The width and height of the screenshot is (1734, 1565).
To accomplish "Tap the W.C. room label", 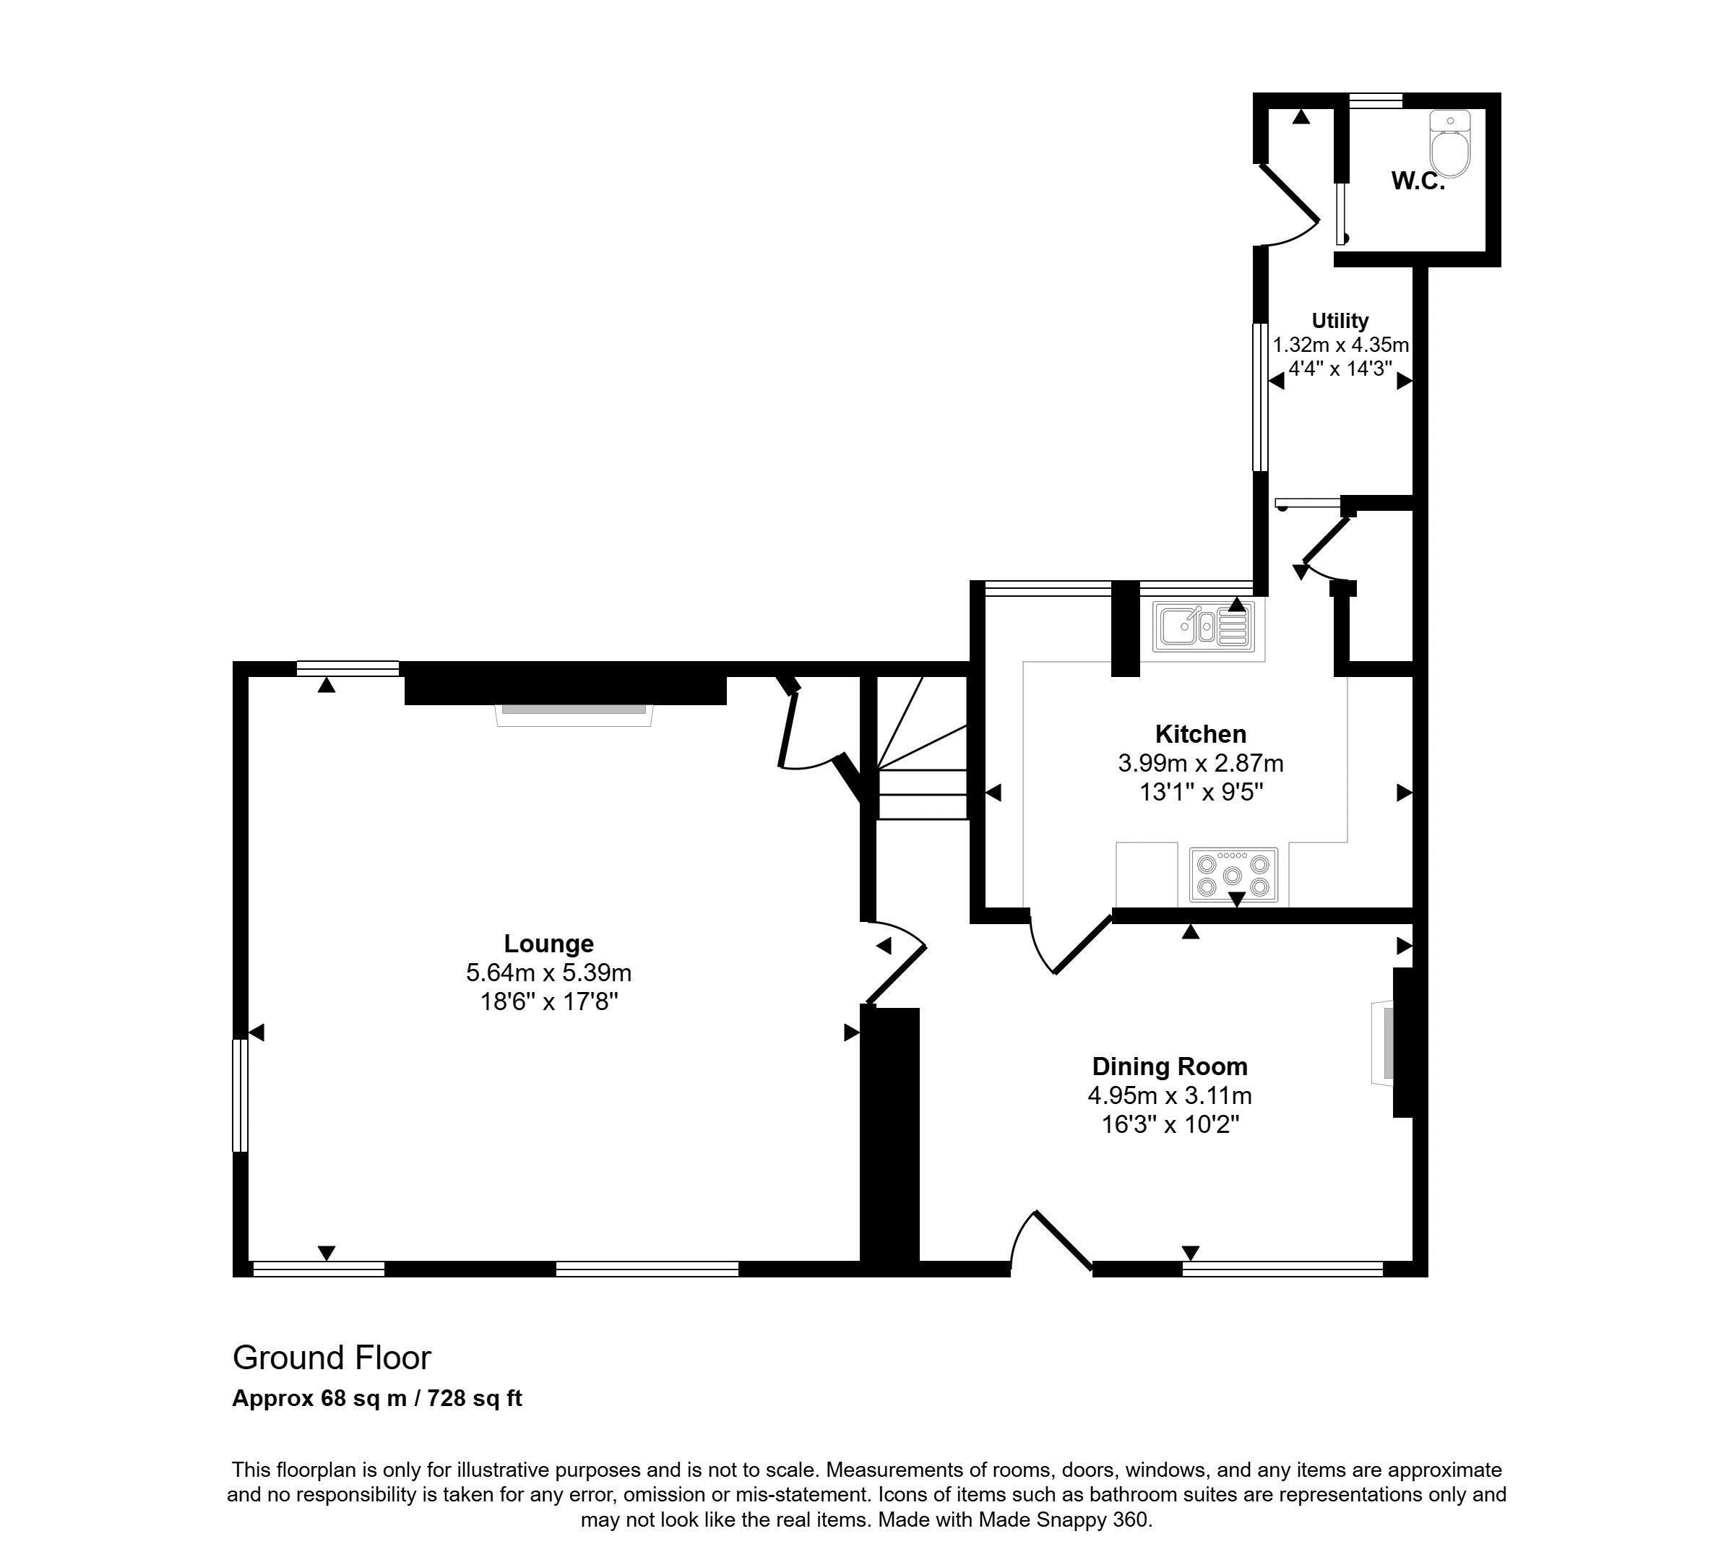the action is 1418,181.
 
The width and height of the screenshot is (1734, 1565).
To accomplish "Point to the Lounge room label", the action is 548,944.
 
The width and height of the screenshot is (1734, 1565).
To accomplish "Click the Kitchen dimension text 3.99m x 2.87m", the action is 1200,764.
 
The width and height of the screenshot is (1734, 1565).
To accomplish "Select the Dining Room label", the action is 1169,1067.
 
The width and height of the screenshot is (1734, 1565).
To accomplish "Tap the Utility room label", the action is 1340,321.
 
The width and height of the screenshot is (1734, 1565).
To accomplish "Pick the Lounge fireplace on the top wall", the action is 574,714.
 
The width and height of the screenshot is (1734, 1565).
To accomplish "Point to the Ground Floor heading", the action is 332,1358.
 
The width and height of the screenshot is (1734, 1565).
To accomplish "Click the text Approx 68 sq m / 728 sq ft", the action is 377,1399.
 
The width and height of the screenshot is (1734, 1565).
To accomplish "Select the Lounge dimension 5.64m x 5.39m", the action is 548,973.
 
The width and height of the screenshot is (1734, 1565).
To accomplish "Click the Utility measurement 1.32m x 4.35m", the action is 1340,345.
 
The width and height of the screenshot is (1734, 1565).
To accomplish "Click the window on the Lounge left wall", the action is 241,1095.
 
